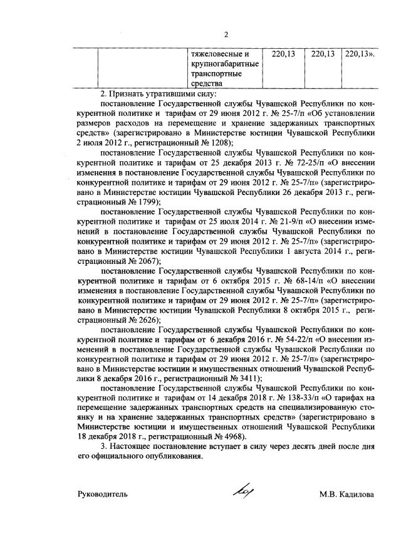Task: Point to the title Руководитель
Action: point(103,494)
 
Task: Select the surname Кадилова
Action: point(356,494)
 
